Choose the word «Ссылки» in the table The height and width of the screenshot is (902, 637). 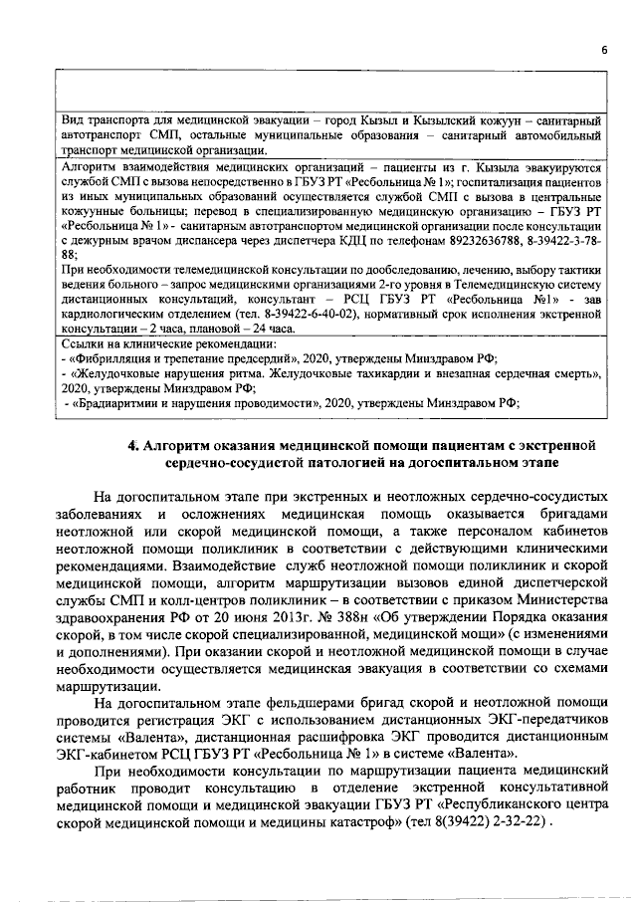[x=83, y=344]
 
